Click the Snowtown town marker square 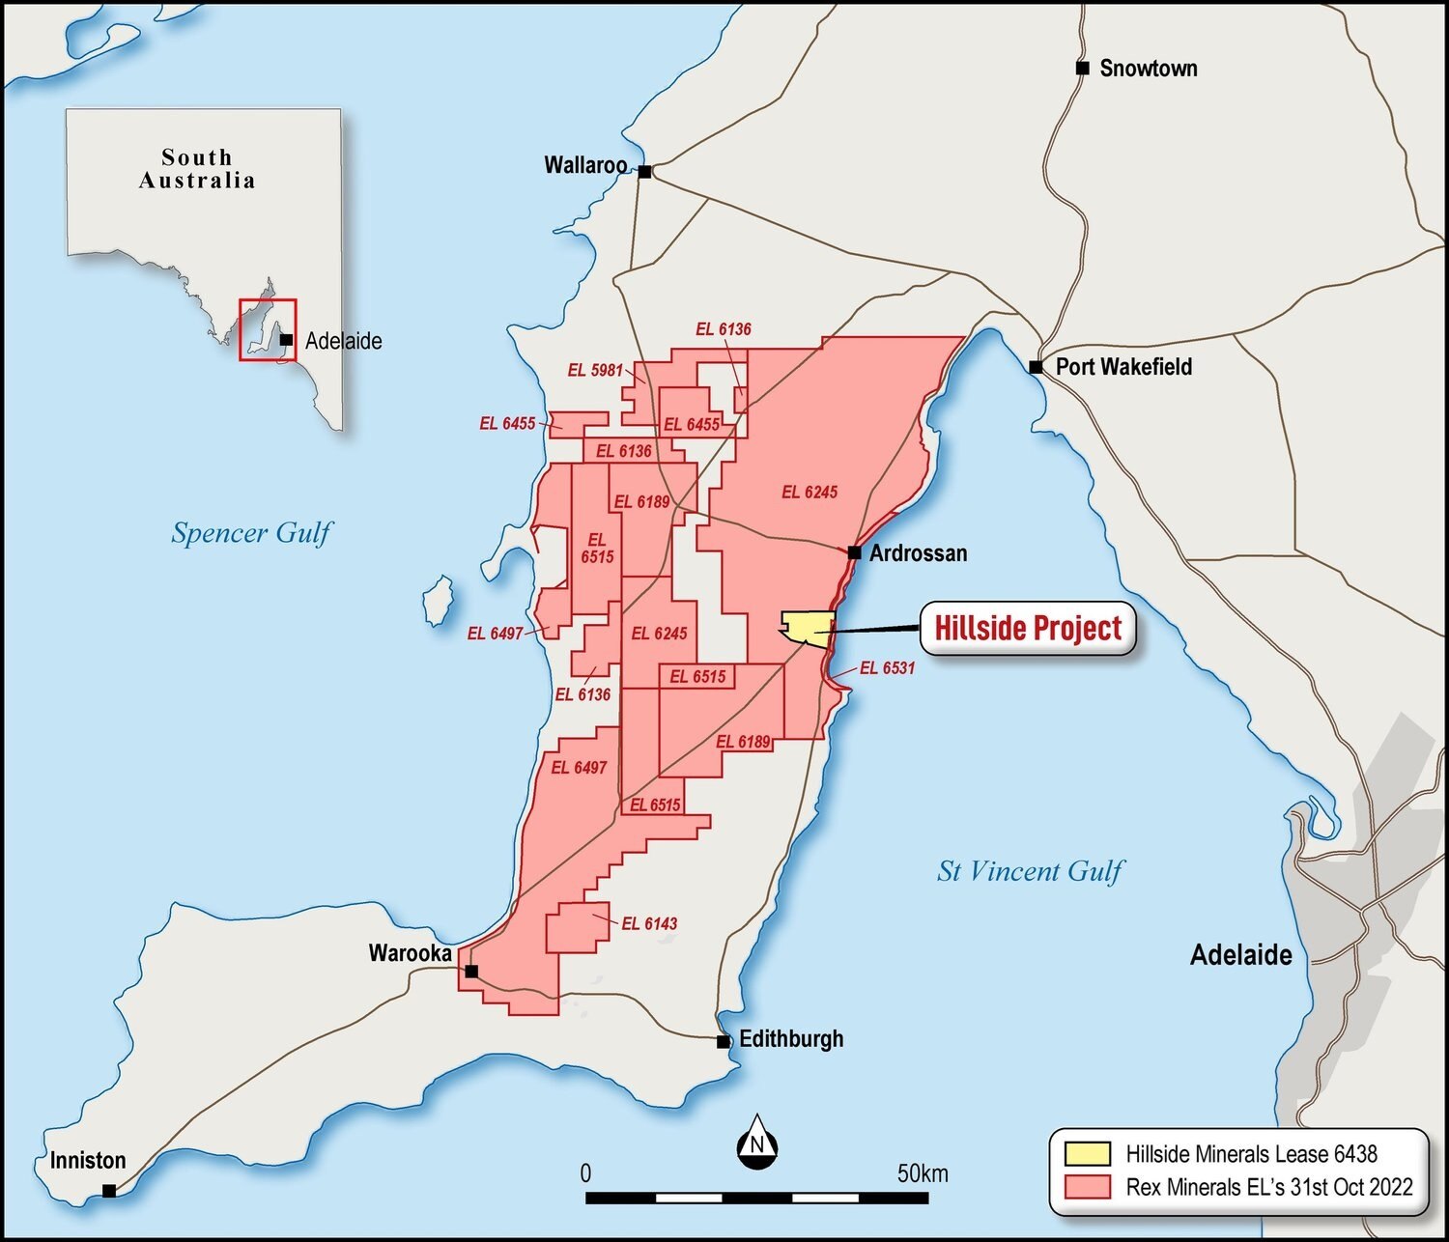coord(1083,68)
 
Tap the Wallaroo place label coord(585,165)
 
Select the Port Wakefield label coord(1123,367)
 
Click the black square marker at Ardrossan coord(854,552)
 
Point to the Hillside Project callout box coord(1027,629)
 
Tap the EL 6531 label coord(887,667)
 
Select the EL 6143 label coord(649,923)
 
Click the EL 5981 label coord(595,370)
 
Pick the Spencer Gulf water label coord(251,533)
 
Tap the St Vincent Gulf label coord(1030,871)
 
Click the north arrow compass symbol coord(757,1143)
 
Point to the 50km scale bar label coord(923,1173)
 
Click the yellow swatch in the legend coord(1087,1154)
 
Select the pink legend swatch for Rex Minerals coord(1087,1186)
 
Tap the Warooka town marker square coord(471,971)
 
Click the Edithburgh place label coord(791,1039)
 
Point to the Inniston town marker coord(109,1191)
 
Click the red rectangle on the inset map coord(268,329)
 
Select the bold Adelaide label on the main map coord(1240,955)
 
